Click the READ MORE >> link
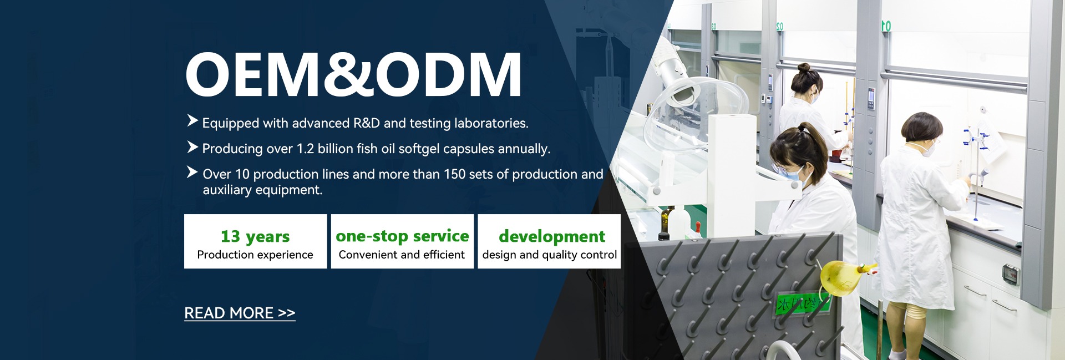click(240, 313)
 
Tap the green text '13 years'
click(255, 236)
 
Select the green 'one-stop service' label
click(402, 236)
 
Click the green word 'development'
click(552, 236)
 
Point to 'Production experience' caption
click(255, 255)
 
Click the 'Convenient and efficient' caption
click(402, 255)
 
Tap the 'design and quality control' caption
click(550, 255)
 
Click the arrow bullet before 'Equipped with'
click(192, 120)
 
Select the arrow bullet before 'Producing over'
click(192, 146)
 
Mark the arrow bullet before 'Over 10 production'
click(192, 172)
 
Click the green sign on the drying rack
click(803, 303)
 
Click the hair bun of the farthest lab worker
click(804, 68)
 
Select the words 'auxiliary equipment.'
click(262, 190)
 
